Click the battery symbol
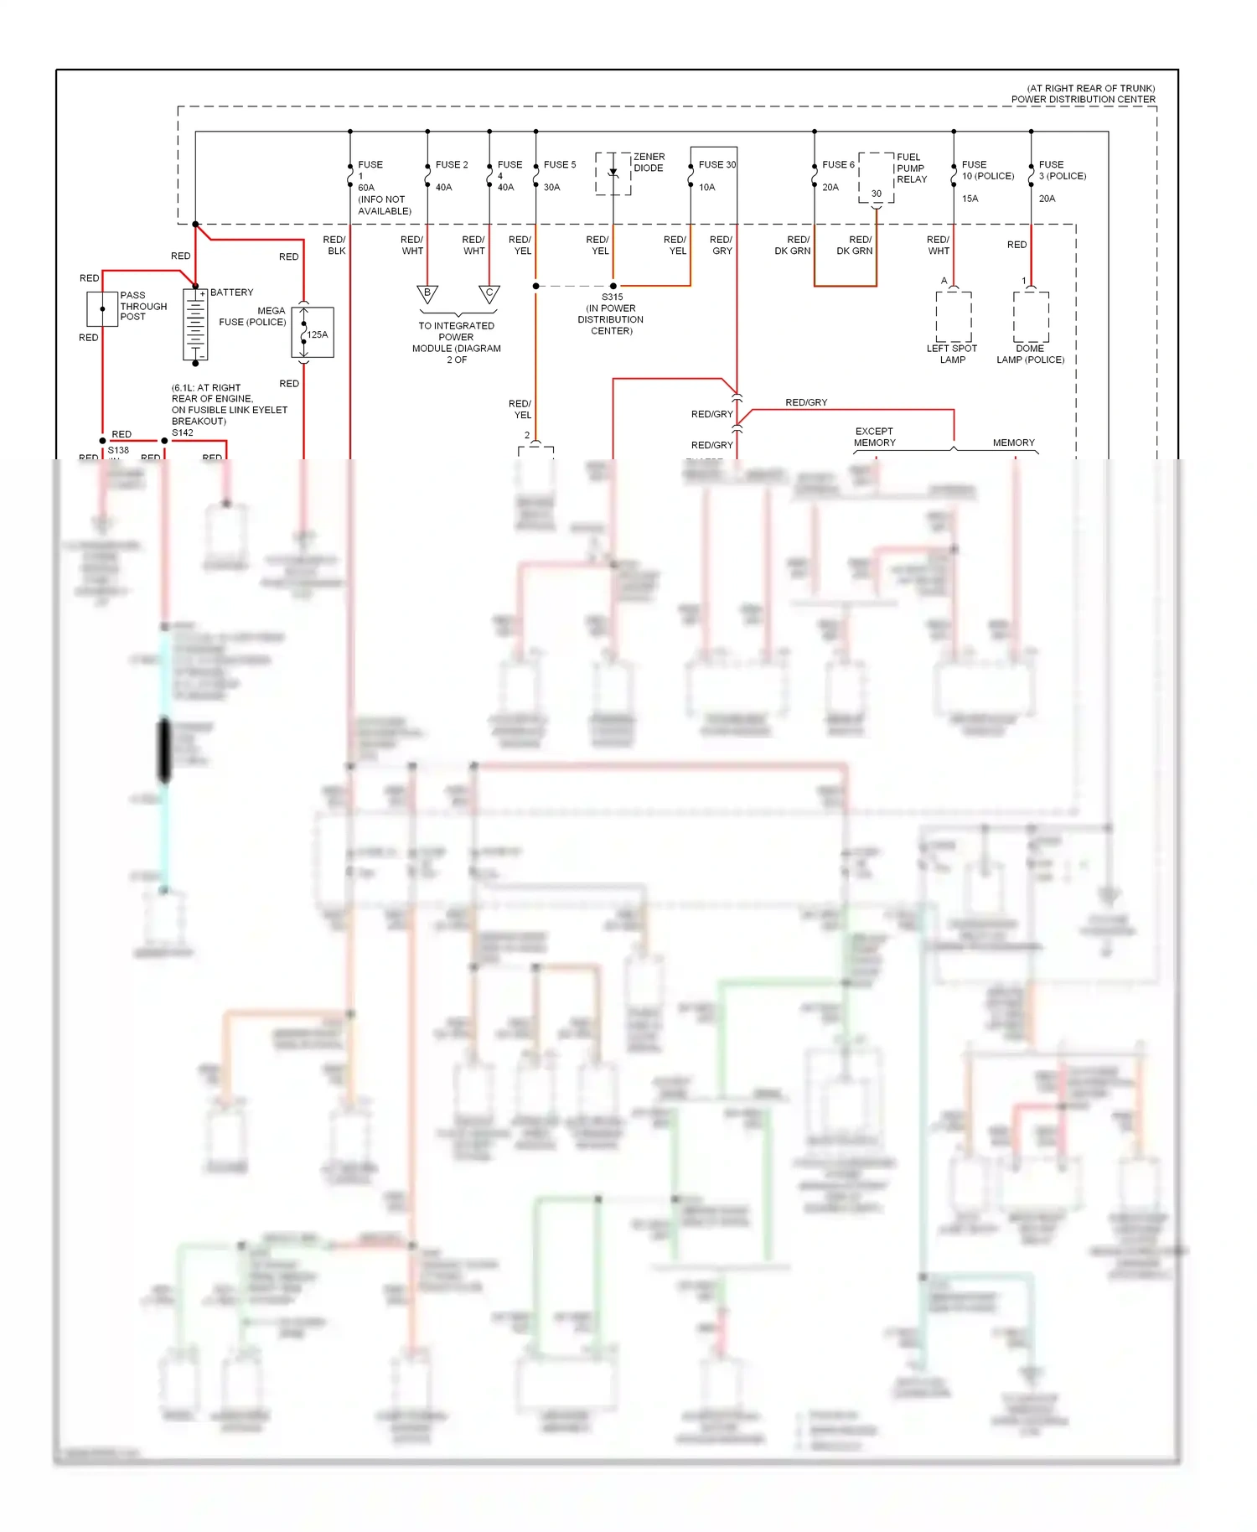coord(195,325)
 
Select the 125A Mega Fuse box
coord(313,333)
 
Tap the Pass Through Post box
coord(102,308)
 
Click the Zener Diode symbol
coord(613,173)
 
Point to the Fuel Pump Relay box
coord(877,178)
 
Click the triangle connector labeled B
coord(427,294)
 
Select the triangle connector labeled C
coord(489,294)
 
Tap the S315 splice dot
coord(613,286)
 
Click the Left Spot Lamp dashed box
coord(954,316)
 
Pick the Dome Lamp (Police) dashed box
coord(1031,316)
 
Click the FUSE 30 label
coord(717,164)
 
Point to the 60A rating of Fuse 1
coord(366,188)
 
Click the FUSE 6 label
coord(838,164)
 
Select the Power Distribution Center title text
coord(1083,99)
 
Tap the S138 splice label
coord(118,450)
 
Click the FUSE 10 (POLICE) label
coord(987,170)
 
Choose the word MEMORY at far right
coord(1013,443)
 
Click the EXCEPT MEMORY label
coord(874,437)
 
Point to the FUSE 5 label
coord(559,164)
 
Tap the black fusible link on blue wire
coord(164,750)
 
